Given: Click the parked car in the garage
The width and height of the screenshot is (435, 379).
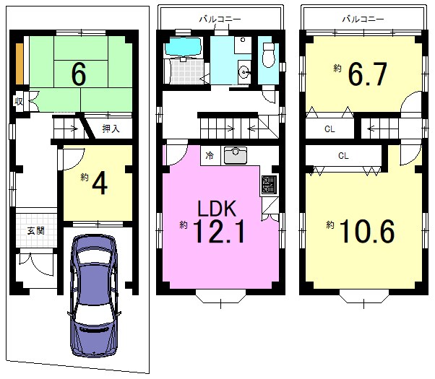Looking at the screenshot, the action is click(94, 296).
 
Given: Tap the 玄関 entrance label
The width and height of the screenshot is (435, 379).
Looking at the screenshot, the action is click(36, 231).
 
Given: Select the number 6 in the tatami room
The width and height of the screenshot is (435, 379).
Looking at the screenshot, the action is click(79, 74).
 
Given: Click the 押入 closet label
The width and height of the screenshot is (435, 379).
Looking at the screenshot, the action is click(111, 128).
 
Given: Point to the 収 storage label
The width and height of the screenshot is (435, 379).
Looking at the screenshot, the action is click(19, 102).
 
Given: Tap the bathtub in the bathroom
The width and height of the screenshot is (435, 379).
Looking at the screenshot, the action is click(183, 46).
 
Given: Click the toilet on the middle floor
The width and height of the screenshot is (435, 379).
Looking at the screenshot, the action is click(268, 55).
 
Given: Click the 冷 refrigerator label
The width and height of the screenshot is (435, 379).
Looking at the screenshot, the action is click(210, 155).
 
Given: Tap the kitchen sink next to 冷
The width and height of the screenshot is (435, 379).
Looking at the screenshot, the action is click(236, 155).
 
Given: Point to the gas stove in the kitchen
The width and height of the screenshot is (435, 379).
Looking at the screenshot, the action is click(269, 184).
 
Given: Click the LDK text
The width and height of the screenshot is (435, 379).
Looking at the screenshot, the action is click(217, 208).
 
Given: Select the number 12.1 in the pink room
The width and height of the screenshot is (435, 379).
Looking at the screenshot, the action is click(219, 231).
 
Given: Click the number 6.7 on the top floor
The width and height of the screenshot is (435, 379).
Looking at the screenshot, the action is click(368, 74).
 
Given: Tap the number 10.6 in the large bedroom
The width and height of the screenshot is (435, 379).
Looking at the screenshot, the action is click(367, 231).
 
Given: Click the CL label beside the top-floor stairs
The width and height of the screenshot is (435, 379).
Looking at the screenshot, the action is click(330, 129).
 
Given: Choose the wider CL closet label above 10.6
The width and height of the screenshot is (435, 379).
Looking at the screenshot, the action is click(343, 156).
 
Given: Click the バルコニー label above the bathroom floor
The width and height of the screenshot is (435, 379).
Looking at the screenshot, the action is click(220, 19).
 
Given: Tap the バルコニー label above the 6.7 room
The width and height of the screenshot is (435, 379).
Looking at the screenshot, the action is click(363, 19).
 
